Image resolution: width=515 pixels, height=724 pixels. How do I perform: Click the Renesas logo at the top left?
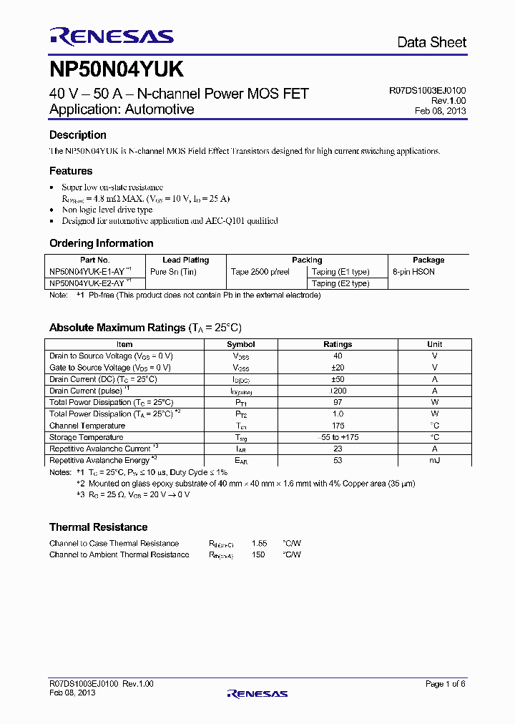111,36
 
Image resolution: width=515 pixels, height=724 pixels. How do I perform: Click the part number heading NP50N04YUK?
117,69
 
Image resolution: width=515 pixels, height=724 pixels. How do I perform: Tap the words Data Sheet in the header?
431,42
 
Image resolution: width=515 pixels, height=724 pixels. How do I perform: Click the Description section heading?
78,135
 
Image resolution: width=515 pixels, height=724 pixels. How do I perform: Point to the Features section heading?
71,171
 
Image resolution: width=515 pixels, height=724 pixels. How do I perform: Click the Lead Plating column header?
185,260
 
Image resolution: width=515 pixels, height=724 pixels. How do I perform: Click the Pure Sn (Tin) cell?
173,272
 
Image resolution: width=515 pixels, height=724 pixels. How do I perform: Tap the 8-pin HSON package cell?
413,272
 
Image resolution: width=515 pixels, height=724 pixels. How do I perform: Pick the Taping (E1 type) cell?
340,272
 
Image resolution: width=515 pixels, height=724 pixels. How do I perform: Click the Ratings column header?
338,344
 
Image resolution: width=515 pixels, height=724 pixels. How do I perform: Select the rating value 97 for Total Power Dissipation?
338,402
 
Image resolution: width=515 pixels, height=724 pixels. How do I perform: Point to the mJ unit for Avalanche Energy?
434,460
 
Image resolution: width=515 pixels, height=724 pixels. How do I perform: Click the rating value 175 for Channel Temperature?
338,426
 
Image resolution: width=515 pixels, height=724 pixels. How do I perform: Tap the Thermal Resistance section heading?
98,527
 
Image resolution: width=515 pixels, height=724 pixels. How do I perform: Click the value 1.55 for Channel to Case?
259,543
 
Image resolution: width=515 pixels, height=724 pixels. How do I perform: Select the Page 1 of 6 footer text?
445,684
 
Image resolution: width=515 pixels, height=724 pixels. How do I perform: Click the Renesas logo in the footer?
257,693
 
